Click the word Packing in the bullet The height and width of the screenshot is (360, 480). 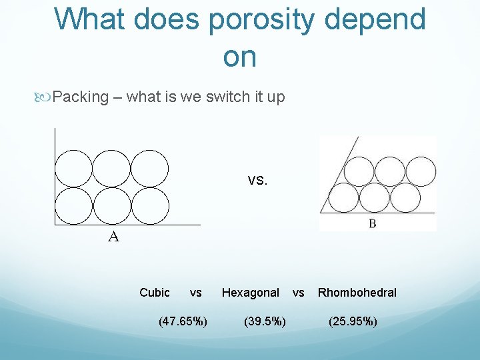[80, 97]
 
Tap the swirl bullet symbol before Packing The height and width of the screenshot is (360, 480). [45, 97]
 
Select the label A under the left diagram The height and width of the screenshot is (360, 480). [114, 237]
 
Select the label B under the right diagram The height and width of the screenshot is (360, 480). [372, 224]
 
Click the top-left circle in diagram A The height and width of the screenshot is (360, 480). [73, 169]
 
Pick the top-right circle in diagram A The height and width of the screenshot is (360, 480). [150, 169]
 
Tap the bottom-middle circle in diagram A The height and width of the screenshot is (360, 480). [111, 207]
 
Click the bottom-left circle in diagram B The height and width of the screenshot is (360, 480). [345, 198]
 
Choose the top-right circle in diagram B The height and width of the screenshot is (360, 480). [420, 171]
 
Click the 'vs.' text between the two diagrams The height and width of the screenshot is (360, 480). [257, 180]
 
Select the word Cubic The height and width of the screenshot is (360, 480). [155, 293]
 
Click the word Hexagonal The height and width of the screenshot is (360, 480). [251, 293]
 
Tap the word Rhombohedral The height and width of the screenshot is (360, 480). [357, 293]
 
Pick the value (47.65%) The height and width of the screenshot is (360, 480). [183, 322]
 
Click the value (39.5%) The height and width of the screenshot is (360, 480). [265, 322]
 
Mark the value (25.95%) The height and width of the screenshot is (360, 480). [353, 322]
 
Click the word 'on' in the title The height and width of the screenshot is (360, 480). [240, 57]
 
